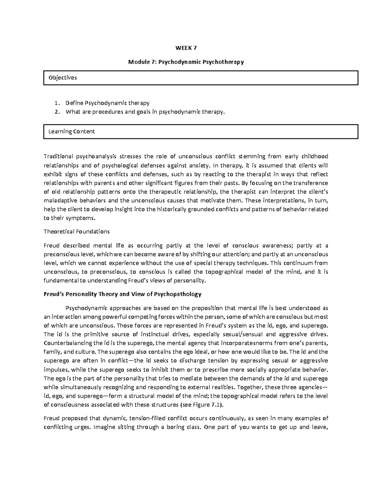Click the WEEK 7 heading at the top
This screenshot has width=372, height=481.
pyautogui.click(x=186, y=48)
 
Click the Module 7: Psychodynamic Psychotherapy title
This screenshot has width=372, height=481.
pyautogui.click(x=186, y=62)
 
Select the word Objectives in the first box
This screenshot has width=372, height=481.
pyautogui.click(x=63, y=78)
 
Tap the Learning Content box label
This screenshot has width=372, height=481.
pyautogui.click(x=71, y=131)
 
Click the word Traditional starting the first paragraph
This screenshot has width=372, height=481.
pyautogui.click(x=58, y=156)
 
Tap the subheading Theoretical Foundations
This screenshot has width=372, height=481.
pyautogui.click(x=77, y=231)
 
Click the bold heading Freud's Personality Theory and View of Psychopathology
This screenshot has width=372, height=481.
pyautogui.click(x=122, y=294)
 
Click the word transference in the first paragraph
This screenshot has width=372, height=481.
pyautogui.click(x=310, y=183)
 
